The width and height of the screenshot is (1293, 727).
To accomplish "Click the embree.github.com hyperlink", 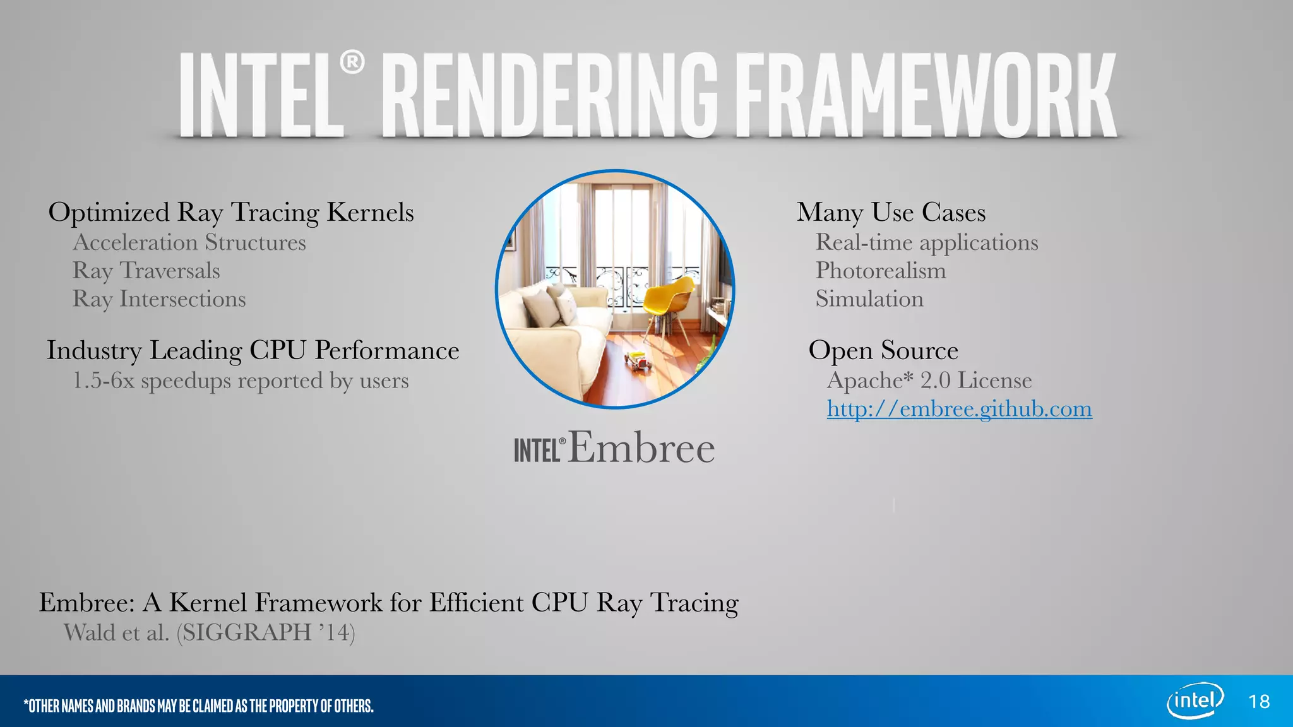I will tap(959, 410).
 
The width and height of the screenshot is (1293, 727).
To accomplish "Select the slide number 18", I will tap(1259, 702).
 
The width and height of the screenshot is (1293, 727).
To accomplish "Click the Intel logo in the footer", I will tap(1195, 700).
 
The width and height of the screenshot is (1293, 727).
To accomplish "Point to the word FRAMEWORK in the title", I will tap(926, 96).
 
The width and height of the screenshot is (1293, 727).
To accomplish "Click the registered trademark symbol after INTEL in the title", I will tap(352, 62).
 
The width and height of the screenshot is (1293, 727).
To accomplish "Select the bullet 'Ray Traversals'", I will tap(146, 271).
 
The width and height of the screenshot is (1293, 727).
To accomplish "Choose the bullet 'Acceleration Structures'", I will tap(189, 242).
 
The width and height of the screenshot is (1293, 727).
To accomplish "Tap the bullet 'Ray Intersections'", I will tap(159, 299).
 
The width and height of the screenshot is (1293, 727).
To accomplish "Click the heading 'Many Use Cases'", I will tap(891, 213).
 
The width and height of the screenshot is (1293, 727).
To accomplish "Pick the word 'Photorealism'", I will tap(881, 271).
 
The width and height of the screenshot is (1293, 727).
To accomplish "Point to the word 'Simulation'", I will tap(869, 299).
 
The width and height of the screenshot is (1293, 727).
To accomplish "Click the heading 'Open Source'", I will tap(883, 351).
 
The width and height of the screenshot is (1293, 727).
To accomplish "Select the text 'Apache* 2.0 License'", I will tap(929, 381).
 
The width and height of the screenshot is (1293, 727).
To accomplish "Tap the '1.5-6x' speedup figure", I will tap(104, 381).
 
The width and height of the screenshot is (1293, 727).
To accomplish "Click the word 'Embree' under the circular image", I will tap(641, 448).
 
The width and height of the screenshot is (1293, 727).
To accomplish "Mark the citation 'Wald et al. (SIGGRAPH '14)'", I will tap(210, 632).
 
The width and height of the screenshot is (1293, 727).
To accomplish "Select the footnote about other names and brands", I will tap(198, 706).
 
